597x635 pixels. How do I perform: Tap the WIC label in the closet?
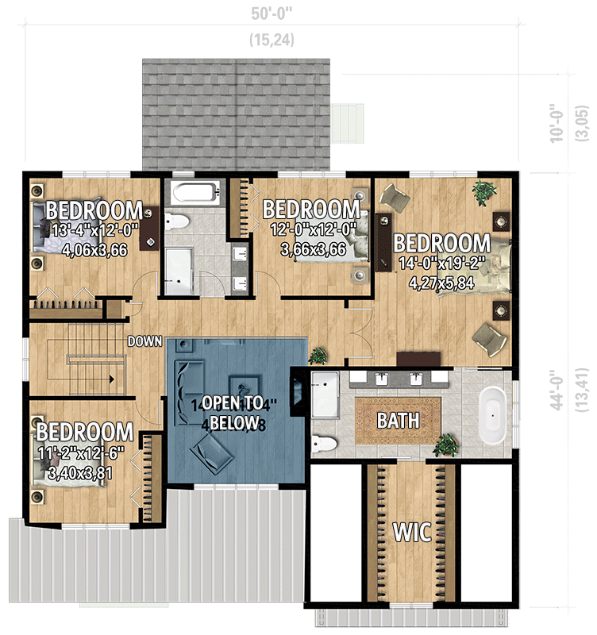pyautogui.click(x=412, y=532)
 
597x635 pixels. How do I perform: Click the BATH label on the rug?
pyautogui.click(x=397, y=420)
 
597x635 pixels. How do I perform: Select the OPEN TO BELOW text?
pyautogui.click(x=236, y=410)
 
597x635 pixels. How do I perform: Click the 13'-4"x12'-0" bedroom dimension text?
pyautogui.click(x=94, y=231)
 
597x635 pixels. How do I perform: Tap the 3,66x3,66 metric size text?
pyautogui.click(x=312, y=248)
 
